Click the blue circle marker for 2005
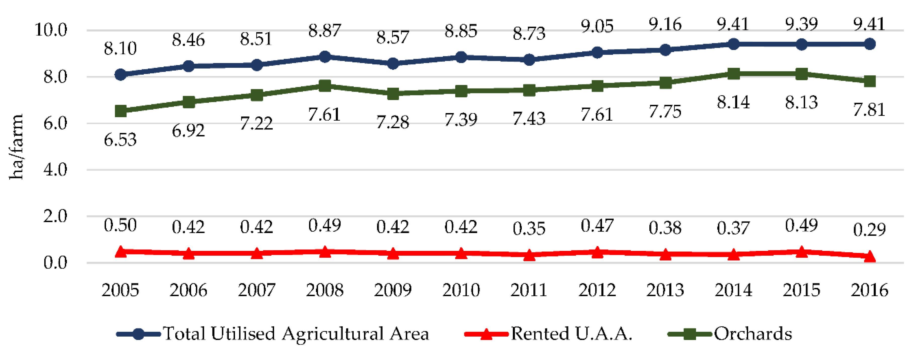click(121, 74)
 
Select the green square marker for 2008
click(325, 86)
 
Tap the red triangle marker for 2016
click(870, 256)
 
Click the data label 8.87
click(325, 31)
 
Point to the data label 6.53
click(120, 140)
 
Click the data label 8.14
click(733, 103)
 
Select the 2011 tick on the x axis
click(529, 290)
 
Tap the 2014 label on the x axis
click(733, 290)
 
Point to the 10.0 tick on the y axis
click(51, 30)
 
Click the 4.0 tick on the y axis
click(55, 170)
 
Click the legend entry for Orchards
click(752, 334)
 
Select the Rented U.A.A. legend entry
click(571, 334)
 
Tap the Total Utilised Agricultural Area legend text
click(296, 334)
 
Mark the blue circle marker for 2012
click(597, 52)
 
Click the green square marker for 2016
click(870, 81)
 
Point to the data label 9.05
click(597, 26)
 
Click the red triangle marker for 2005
click(121, 251)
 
